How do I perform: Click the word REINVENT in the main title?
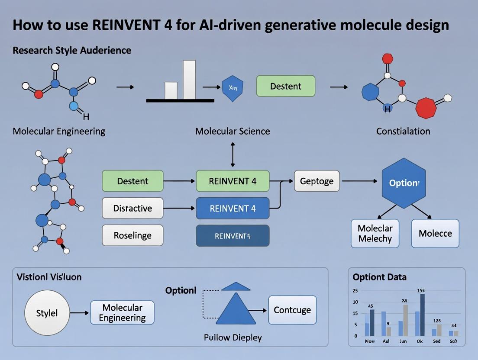129,25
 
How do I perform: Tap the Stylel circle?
47,312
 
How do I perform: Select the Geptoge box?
317,181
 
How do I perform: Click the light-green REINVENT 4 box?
233,181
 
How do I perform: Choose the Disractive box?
132,208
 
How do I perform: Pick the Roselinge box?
132,235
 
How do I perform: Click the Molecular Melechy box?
375,233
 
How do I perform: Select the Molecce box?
435,233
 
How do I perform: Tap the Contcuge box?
292,310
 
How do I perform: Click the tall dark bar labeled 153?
422,315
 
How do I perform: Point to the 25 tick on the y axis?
355,291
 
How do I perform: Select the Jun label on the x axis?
403,341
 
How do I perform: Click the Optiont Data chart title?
379,277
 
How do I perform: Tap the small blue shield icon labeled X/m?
232,88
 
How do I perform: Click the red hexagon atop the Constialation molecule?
388,58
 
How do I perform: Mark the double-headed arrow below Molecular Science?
233,154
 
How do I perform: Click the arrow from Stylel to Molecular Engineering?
80,312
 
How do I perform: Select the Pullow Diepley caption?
233,337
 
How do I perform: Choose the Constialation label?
403,131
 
